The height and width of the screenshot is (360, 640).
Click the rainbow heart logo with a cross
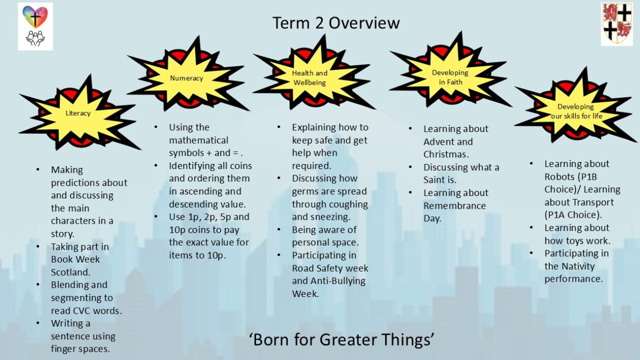click(x=35, y=17)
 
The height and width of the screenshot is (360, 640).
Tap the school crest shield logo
click(x=617, y=24)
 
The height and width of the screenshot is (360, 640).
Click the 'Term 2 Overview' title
click(x=336, y=23)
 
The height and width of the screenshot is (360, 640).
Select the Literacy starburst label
click(x=78, y=113)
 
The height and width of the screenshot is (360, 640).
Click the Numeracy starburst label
click(x=186, y=78)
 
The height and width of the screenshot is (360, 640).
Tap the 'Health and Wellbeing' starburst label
click(x=310, y=78)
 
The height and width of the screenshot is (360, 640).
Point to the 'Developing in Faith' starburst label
click(x=450, y=77)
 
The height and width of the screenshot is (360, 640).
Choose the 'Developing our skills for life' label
click(x=577, y=111)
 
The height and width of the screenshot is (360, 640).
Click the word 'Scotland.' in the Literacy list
click(x=71, y=272)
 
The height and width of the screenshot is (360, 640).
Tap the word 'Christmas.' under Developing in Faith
click(x=446, y=154)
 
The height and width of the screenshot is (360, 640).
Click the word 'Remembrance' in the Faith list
click(x=455, y=206)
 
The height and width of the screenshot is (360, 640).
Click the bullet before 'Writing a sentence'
click(x=38, y=323)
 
